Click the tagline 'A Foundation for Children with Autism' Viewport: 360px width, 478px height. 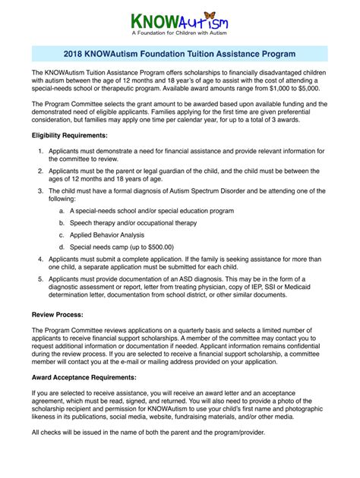(x=180, y=35)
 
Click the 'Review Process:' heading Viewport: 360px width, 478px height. (x=57, y=313)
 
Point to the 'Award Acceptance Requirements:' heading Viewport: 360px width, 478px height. (x=84, y=377)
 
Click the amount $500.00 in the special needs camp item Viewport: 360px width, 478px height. (x=157, y=247)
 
